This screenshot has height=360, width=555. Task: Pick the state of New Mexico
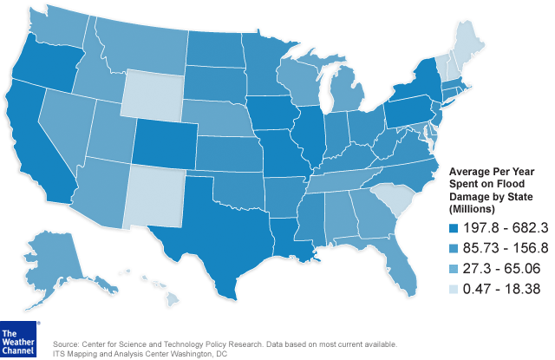click(156, 194)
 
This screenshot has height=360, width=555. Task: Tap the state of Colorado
click(166, 143)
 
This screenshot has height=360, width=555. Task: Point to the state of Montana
click(139, 43)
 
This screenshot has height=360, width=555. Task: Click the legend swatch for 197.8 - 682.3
click(454, 227)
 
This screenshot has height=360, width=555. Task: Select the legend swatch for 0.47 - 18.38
click(454, 287)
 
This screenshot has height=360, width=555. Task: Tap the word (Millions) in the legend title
click(473, 209)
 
